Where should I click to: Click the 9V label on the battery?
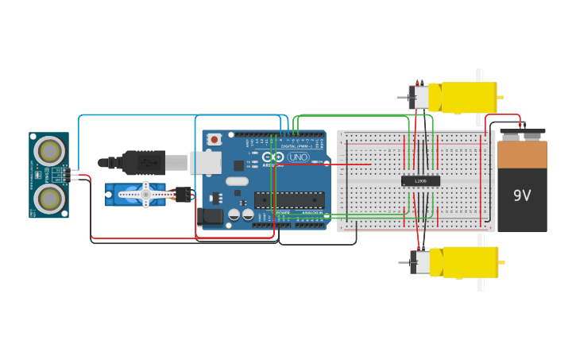[522, 195]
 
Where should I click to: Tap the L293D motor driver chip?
[420, 180]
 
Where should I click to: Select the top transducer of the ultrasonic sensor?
[49, 149]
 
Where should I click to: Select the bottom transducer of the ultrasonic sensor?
[49, 199]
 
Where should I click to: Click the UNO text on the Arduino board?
[298, 157]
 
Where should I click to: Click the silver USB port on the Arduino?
[206, 162]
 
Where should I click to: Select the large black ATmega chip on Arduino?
[289, 200]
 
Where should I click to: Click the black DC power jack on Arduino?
[210, 216]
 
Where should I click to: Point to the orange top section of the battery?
[522, 154]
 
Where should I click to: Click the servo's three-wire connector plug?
[183, 194]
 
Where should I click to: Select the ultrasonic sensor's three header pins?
[74, 174]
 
